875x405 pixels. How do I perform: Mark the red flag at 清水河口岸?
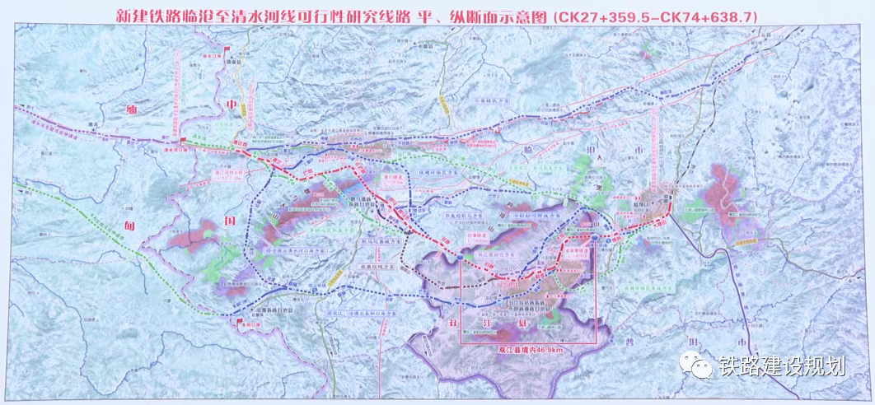[x=186, y=142]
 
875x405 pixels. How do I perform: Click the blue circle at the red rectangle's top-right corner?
[x=592, y=237]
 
